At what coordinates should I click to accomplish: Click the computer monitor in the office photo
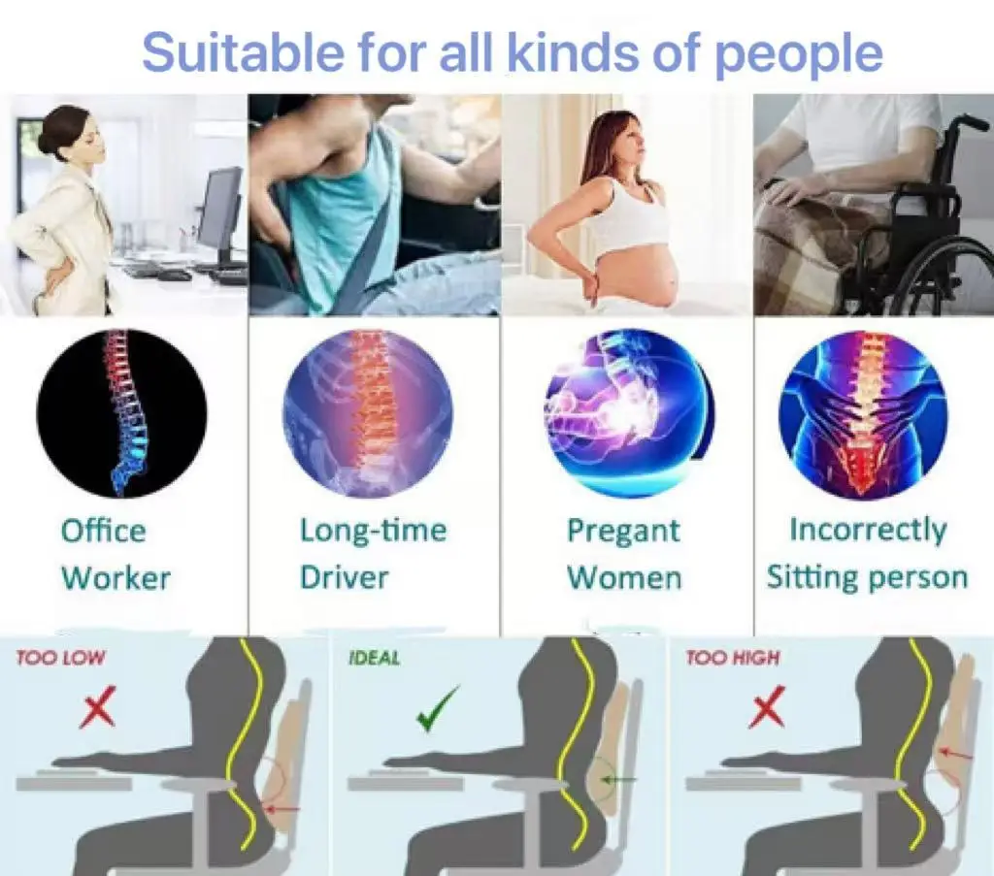[x=220, y=209]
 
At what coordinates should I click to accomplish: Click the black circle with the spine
[x=121, y=413]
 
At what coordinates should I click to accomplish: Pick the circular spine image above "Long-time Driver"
[x=368, y=413]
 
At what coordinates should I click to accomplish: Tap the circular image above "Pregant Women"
[x=629, y=413]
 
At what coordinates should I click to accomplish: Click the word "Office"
[x=103, y=531]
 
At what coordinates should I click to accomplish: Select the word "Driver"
[x=345, y=577]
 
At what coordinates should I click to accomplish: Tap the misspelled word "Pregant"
[x=623, y=532]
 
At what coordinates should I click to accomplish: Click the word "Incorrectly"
[x=868, y=531]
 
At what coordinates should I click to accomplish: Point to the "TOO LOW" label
[x=60, y=658]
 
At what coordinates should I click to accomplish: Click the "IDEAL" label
[x=375, y=658]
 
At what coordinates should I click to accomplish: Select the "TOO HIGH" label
[x=732, y=658]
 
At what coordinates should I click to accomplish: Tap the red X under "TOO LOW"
[x=98, y=706]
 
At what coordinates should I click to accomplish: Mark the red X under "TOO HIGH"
[x=767, y=706]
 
